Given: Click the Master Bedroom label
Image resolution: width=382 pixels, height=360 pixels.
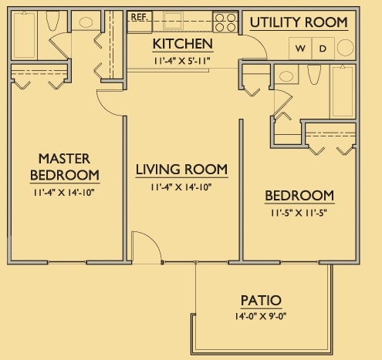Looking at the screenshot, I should coord(64,166).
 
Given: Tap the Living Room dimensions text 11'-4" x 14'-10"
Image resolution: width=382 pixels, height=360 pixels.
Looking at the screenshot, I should coord(181,187).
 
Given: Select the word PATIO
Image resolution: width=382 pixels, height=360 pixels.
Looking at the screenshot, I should coord(259,301).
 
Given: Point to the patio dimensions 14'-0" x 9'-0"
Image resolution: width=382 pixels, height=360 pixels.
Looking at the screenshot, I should coord(260,315).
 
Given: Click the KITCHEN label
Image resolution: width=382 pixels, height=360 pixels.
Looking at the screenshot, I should coord(182,43).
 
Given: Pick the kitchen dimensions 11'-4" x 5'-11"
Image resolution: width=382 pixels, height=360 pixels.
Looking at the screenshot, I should coord(182,59).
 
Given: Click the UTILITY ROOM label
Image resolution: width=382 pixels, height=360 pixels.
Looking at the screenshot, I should coord(298,22).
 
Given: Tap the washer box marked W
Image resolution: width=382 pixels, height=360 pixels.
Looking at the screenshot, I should coord(300,49).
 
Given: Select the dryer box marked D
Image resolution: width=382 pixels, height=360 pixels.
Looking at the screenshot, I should coord(323,49).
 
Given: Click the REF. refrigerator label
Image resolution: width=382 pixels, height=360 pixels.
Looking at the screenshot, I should coord(140,16).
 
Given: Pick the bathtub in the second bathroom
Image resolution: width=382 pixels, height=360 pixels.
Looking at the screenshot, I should coord(342,91).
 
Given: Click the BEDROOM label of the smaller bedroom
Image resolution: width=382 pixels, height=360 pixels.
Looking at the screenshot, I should coord(299,196).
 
